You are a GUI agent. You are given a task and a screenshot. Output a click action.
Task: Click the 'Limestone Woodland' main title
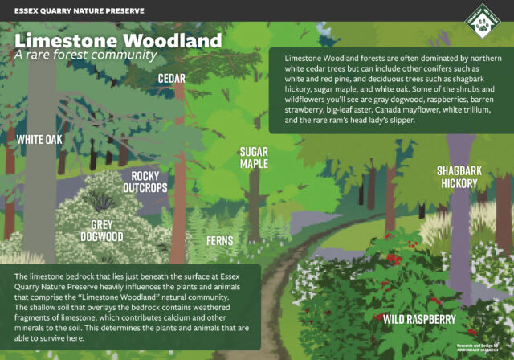pos(118,40)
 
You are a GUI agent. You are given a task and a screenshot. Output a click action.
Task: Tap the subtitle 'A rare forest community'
pos(85,55)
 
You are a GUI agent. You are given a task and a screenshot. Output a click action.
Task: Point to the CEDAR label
pos(172,78)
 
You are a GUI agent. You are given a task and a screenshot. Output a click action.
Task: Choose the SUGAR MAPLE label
pos(254,157)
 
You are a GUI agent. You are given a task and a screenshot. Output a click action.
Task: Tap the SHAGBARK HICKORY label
pos(458,177)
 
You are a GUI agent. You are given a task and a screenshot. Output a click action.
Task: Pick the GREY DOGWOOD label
pos(101,231)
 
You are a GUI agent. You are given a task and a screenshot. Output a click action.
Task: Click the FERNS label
pos(219,240)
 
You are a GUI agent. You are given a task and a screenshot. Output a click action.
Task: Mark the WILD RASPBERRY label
pos(419,320)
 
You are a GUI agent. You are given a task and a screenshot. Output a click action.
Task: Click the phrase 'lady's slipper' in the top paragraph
pos(385,121)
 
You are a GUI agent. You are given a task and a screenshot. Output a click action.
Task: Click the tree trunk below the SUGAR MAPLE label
pos(255,201)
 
